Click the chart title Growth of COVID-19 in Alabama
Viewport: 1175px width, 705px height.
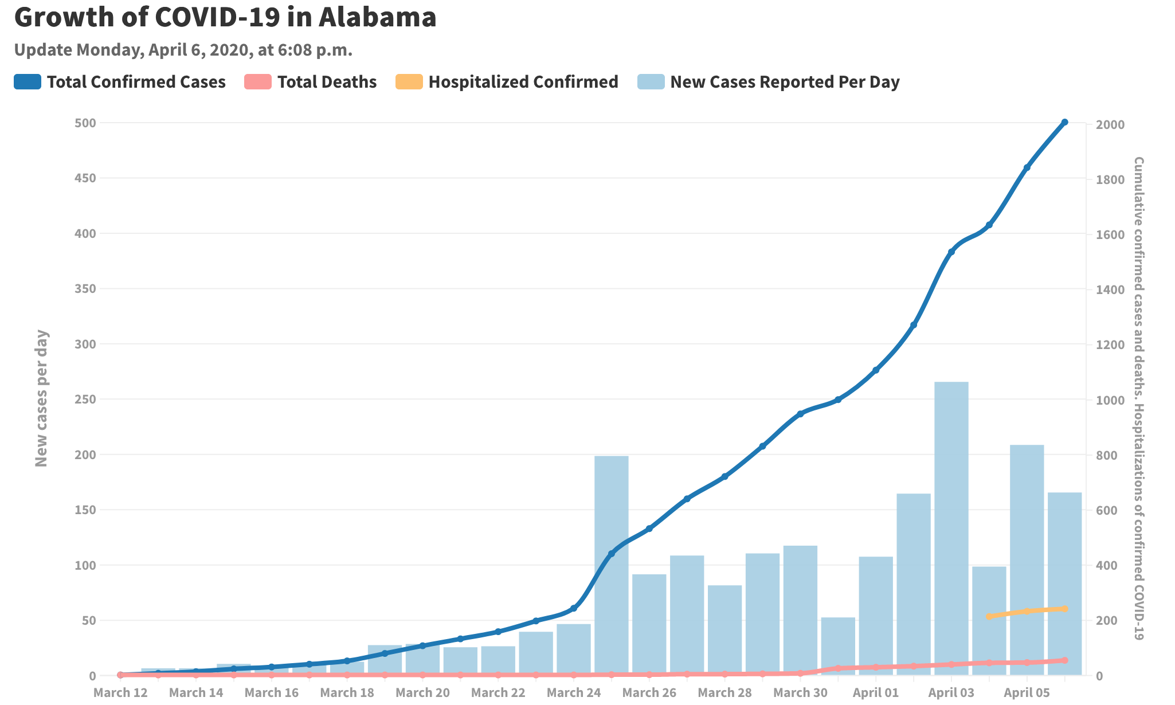225,17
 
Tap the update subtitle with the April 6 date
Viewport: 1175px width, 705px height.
183,50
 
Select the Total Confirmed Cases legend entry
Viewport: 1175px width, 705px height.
120,82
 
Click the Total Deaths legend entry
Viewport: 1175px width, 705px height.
311,82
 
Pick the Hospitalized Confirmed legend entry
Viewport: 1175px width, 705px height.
507,82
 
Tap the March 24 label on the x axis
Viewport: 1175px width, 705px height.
573,692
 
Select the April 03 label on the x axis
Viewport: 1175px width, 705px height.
951,692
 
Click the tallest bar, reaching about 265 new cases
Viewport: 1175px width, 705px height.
951,527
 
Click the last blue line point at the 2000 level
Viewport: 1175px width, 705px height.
1064,122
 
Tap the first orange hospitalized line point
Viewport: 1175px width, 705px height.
989,616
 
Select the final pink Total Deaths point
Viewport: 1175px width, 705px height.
1064,660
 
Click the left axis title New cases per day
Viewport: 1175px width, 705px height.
41,398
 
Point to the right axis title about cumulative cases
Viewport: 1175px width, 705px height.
1138,398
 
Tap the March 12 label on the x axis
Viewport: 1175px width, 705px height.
120,692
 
